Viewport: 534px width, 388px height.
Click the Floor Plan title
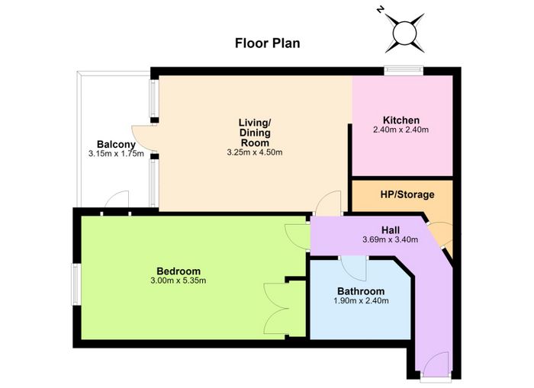(267, 43)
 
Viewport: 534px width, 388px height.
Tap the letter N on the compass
(379, 10)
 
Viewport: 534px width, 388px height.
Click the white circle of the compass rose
(404, 33)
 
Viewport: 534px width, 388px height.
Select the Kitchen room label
(401, 120)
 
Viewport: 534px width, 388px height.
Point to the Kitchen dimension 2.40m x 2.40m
(400, 130)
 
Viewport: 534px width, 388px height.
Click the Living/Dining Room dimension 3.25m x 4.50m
(255, 152)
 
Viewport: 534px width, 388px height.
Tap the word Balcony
(116, 144)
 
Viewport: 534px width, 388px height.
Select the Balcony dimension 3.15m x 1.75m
(116, 153)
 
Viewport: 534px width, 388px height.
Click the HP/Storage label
(407, 194)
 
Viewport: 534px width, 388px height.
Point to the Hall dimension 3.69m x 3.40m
(391, 239)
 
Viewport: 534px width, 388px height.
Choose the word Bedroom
(179, 271)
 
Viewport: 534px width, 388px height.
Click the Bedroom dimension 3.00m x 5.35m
(178, 281)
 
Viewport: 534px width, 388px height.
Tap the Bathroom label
(361, 291)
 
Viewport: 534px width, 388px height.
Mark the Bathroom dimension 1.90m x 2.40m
(361, 301)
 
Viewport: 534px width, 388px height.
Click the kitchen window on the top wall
(404, 70)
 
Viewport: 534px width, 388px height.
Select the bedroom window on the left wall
(76, 284)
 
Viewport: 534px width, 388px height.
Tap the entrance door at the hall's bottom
(437, 365)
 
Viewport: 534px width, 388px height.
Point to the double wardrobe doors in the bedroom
(276, 309)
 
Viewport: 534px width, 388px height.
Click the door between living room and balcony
(144, 138)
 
